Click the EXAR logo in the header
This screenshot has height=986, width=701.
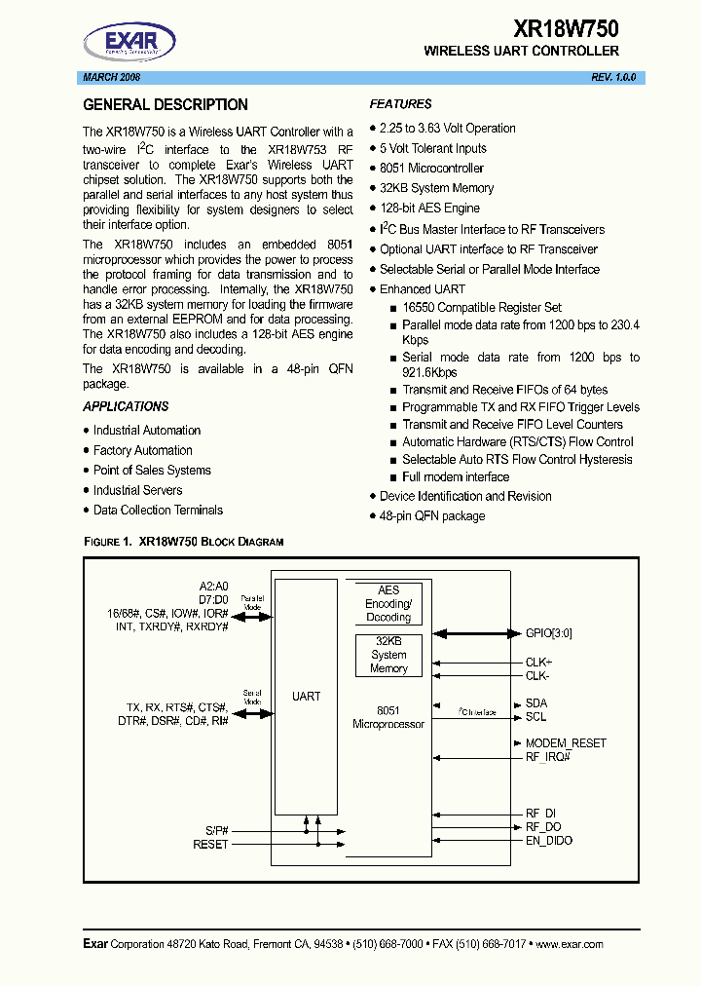[129, 42]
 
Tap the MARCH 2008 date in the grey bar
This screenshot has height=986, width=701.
[111, 78]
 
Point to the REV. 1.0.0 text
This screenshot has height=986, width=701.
[613, 78]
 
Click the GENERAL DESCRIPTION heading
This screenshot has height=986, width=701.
[166, 105]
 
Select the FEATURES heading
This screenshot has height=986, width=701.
[400, 104]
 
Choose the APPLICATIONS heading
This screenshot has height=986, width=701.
[126, 406]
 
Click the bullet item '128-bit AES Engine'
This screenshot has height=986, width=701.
[429, 209]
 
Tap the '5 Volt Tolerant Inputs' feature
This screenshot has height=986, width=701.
[432, 148]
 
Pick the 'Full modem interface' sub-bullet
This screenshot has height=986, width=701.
[456, 476]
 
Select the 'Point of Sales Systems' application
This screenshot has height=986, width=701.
[152, 470]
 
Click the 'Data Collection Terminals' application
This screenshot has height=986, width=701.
[158, 510]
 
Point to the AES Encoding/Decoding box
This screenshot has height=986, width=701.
[388, 603]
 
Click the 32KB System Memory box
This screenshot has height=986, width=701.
[388, 655]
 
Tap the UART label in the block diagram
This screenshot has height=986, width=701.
[306, 697]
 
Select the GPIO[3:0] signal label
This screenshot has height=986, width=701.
[549, 632]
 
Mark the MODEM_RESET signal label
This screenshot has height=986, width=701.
[566, 742]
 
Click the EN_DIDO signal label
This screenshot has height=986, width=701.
[549, 840]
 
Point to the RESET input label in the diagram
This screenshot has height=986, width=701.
[210, 844]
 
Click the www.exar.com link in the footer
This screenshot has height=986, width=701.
[569, 944]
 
